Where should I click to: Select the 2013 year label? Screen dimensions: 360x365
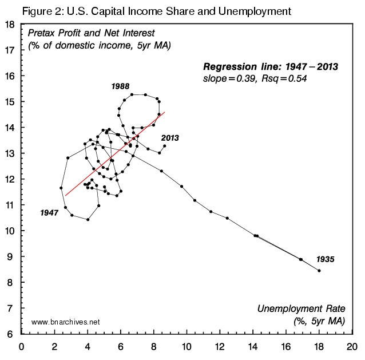click(x=171, y=138)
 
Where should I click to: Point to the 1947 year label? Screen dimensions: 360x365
click(x=50, y=212)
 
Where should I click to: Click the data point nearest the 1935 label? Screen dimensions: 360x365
click(x=319, y=271)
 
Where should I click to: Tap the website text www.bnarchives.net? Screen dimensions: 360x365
click(x=66, y=322)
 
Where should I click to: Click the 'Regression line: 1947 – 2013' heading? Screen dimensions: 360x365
click(x=270, y=66)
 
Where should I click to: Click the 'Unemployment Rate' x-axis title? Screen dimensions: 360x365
click(x=301, y=310)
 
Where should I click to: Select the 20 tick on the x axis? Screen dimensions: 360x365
click(x=352, y=346)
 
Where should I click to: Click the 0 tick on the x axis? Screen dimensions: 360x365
click(x=22, y=346)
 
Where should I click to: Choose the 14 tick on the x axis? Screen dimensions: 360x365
click(x=253, y=346)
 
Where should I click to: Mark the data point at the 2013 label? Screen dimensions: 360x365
click(x=164, y=146)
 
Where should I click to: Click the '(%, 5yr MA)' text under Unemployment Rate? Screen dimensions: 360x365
click(x=319, y=321)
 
